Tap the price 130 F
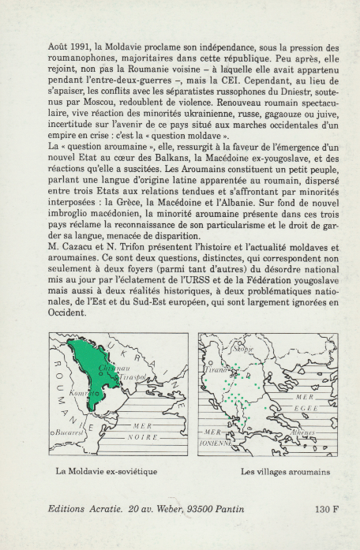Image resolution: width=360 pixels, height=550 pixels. [x=326, y=509]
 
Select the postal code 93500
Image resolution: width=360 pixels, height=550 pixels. [x=204, y=509]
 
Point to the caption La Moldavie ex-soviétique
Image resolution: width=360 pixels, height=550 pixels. [x=107, y=473]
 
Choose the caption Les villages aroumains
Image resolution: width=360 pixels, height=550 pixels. [x=274, y=473]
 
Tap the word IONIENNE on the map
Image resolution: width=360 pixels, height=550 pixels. [x=216, y=443]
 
